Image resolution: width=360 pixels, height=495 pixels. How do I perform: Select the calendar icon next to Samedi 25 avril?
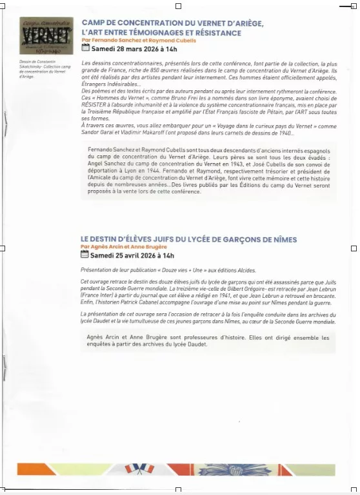pos(85,255)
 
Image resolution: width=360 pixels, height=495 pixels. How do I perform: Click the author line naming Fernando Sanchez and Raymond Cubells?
pos(130,40)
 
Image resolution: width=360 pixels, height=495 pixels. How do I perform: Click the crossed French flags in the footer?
pos(137,470)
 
